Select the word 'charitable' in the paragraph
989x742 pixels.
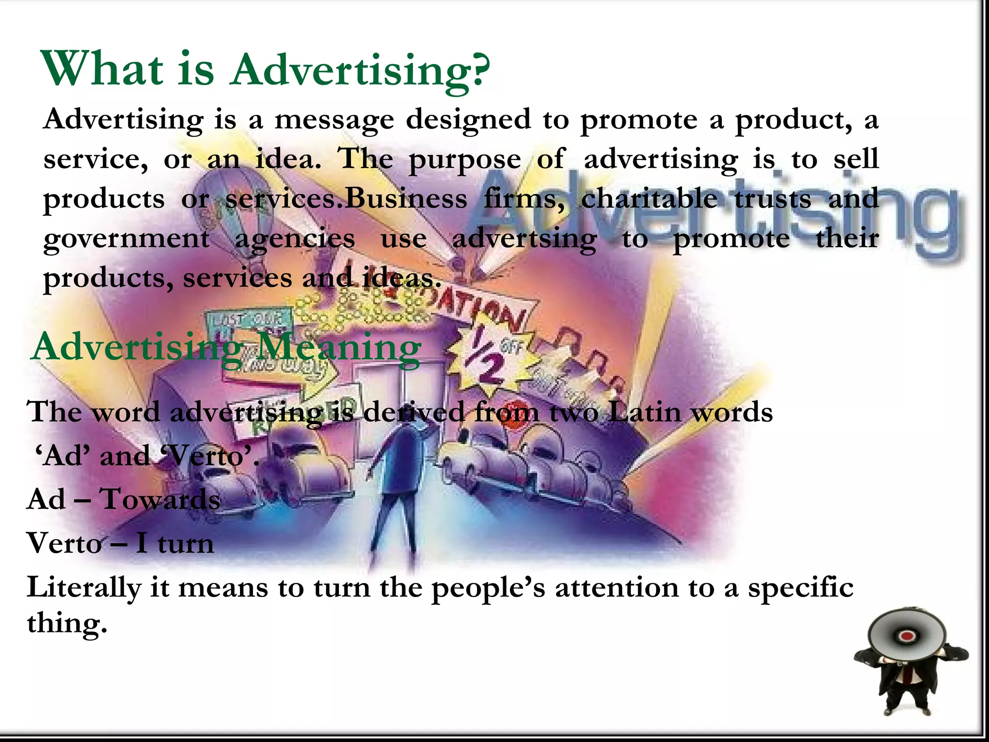coord(649,199)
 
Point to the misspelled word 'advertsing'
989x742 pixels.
coord(524,238)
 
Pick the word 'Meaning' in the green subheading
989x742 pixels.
coord(338,347)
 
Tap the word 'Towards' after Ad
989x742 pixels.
coord(160,499)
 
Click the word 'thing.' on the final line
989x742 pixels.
coord(67,623)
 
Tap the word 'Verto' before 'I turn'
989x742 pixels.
coord(64,543)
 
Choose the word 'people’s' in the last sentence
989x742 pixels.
coord(488,588)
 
